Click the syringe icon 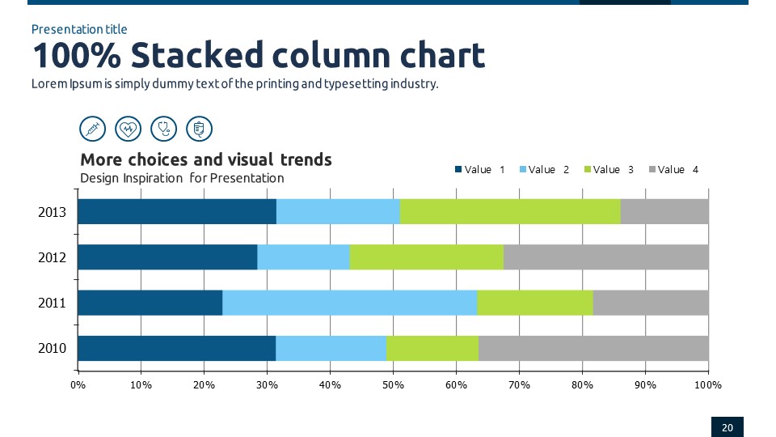93,128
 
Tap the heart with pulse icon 129,128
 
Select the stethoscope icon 164,128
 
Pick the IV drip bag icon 199,128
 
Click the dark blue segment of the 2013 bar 177,211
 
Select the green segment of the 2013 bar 510,211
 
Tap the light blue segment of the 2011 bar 349,303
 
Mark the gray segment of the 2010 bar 593,348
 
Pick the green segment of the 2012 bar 426,257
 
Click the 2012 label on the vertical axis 52,258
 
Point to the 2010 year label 52,350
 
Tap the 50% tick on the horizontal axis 393,385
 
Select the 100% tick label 707,385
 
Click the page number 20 727,427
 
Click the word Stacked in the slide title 196,56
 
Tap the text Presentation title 79,30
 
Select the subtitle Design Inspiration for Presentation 182,178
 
